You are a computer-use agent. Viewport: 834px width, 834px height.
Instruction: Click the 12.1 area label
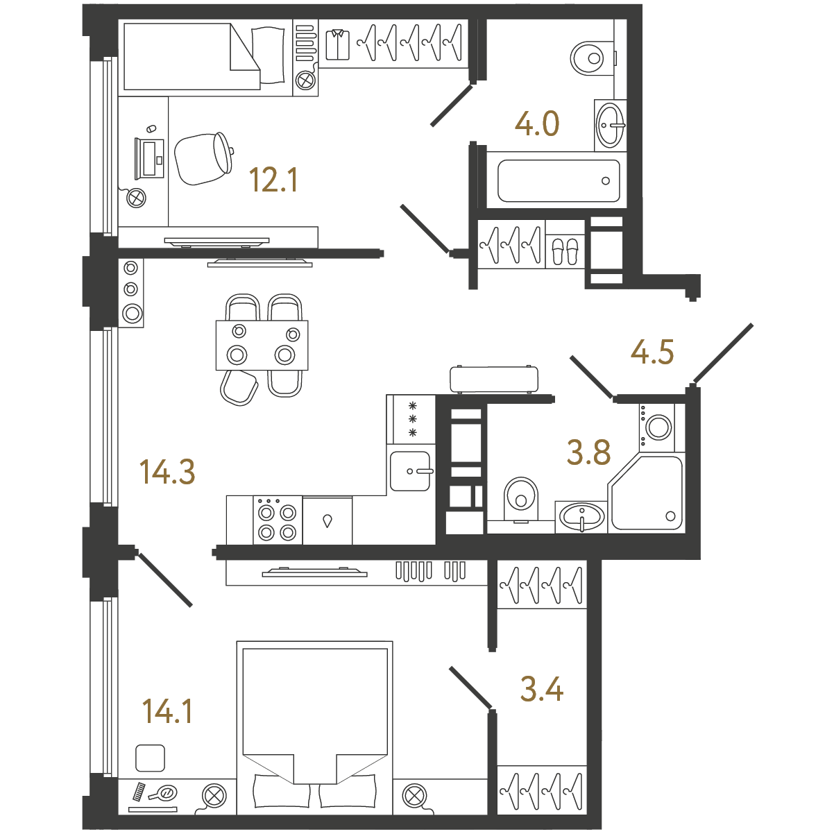coord(273,180)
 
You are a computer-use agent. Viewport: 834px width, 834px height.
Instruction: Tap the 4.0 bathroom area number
coord(536,124)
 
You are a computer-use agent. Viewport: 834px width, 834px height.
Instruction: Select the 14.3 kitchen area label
coord(167,472)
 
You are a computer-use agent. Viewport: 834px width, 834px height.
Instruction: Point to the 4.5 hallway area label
coord(652,352)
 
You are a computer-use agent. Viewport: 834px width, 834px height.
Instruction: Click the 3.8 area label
coord(588,452)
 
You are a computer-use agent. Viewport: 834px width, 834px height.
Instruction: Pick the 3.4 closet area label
coord(542,690)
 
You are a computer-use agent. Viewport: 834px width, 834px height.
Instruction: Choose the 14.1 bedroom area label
coord(167,712)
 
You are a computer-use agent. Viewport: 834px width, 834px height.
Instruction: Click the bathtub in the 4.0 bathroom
coord(559,181)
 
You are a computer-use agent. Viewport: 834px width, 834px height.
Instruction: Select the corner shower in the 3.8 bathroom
coord(646,493)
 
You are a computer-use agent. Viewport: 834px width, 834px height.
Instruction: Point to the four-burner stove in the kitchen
coord(278,520)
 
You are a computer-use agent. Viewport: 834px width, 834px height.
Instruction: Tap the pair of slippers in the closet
coord(565,251)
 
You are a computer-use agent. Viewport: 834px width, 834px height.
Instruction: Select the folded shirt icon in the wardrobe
coord(338,44)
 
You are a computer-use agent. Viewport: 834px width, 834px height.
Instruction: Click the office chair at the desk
coord(204,158)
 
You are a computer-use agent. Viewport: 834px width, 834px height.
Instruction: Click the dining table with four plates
coord(262,346)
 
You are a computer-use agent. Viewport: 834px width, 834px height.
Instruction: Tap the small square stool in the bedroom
coord(150,758)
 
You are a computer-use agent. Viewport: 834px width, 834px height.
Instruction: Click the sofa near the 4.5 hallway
coord(494,380)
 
